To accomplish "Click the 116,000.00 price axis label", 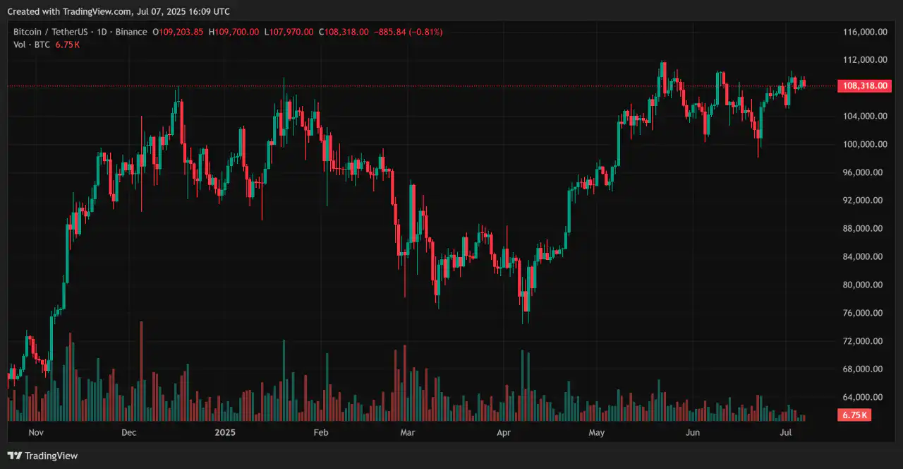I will pos(865,32).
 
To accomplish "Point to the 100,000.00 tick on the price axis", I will pos(865,144).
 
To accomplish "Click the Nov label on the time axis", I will pos(36,432).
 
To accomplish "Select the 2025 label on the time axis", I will pos(225,432).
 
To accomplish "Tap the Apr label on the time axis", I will pos(503,432).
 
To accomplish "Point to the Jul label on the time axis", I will pos(786,432).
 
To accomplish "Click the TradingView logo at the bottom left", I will pos(43,456).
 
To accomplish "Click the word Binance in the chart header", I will pos(131,32).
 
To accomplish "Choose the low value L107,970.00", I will pos(289,32).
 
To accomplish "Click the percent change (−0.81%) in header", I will pos(424,32).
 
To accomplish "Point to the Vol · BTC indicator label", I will pos(32,44).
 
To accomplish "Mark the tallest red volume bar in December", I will pos(142,372).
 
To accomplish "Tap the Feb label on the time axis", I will pos(321,432).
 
